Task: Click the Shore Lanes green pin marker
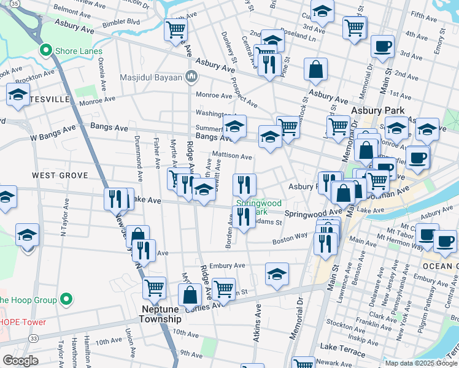point(45,50)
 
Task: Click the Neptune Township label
point(160,315)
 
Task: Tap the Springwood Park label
point(258,207)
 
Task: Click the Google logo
point(20,360)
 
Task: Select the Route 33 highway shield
point(34,338)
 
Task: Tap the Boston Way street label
point(290,241)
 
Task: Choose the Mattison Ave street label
point(232,156)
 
